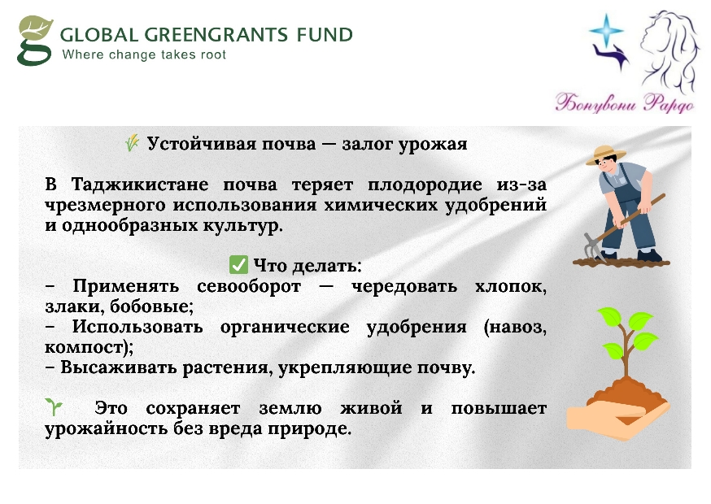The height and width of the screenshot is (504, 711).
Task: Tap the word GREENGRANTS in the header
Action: (x=216, y=35)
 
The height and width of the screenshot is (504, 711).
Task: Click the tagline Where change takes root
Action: (x=144, y=54)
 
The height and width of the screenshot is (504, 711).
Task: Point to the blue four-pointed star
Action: (x=606, y=30)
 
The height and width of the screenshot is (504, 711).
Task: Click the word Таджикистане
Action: (x=140, y=185)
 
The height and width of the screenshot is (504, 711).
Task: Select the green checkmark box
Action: (x=238, y=265)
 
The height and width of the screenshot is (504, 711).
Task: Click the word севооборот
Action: (x=248, y=286)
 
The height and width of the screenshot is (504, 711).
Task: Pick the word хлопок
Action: (x=511, y=286)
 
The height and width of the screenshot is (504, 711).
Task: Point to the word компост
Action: (x=84, y=348)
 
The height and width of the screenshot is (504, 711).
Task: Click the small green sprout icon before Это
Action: (x=54, y=406)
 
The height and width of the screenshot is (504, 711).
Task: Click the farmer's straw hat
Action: (x=605, y=154)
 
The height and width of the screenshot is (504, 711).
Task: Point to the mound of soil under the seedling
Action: (x=626, y=393)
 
